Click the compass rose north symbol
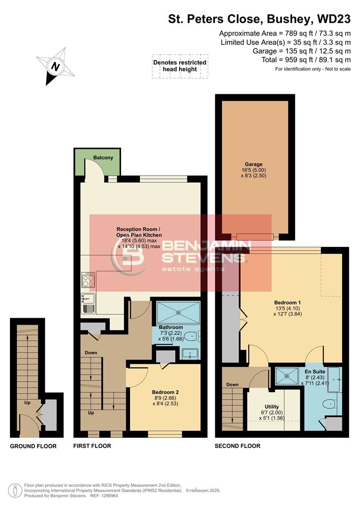pos(55,67)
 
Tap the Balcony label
pos(103,157)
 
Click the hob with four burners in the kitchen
pos(88,280)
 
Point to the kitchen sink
pos(88,299)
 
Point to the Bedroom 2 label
pos(165,392)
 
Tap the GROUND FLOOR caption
pos(33,446)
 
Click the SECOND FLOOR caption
pos(237,446)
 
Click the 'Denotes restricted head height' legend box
pos(180,66)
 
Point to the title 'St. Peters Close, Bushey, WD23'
pos(259,19)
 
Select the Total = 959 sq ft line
pos(306,60)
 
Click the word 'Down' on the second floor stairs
pos(232,384)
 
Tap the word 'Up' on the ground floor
pos(28,402)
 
